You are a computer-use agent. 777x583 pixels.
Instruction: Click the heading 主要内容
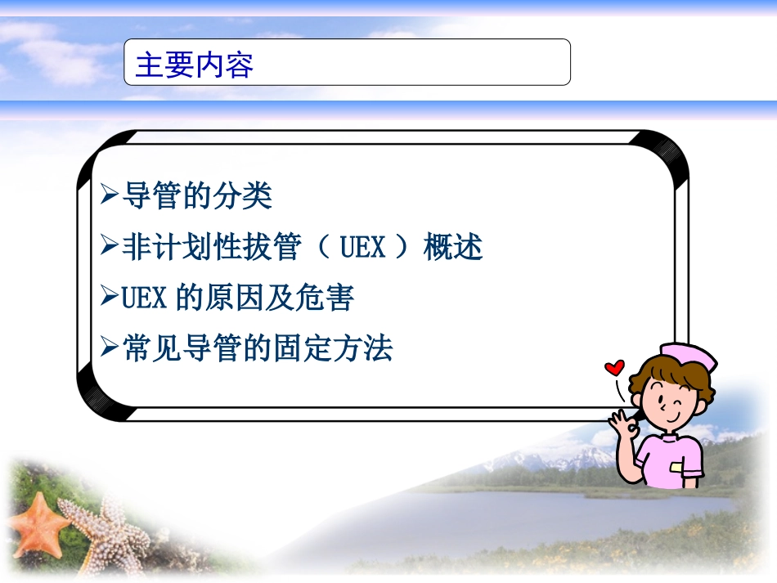pos(194,65)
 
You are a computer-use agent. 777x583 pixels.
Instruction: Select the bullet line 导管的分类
pos(196,196)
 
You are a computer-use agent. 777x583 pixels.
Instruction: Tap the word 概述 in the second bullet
pos(453,247)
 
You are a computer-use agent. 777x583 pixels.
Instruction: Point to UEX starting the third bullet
pos(143,298)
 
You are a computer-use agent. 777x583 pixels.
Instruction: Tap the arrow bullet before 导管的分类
pos(110,195)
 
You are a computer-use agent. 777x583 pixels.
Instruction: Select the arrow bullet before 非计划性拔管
pos(110,246)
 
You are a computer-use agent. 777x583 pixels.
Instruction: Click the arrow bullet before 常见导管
pos(110,348)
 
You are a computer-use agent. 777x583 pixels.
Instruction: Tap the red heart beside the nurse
pos(613,367)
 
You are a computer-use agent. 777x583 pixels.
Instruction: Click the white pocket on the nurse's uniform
pos(676,468)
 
